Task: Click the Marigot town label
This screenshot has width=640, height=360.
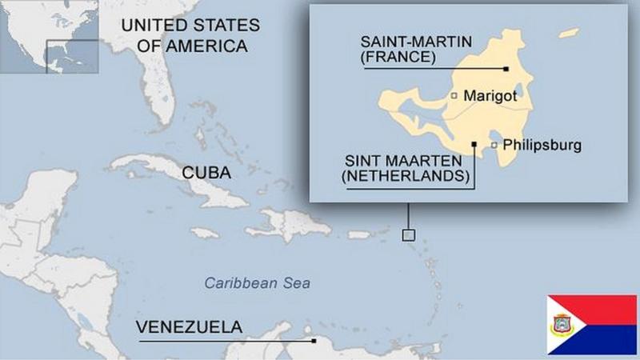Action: pyautogui.click(x=490, y=96)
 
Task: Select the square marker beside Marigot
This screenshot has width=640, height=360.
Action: pyautogui.click(x=454, y=96)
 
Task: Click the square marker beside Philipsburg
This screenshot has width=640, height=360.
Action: pyautogui.click(x=494, y=145)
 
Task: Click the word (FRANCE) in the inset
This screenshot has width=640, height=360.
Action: pyautogui.click(x=398, y=58)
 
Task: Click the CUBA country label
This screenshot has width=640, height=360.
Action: pyautogui.click(x=206, y=173)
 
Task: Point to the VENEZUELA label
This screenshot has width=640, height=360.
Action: pyautogui.click(x=189, y=326)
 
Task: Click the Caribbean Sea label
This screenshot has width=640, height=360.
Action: pyautogui.click(x=257, y=282)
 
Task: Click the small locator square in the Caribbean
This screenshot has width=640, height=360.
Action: pyautogui.click(x=408, y=234)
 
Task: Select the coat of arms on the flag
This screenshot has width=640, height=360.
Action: pyautogui.click(x=563, y=324)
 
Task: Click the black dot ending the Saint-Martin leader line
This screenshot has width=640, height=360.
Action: pyautogui.click(x=506, y=69)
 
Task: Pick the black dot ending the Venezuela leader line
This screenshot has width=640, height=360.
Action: pyautogui.click(x=314, y=341)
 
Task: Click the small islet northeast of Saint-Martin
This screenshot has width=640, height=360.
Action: pyautogui.click(x=569, y=34)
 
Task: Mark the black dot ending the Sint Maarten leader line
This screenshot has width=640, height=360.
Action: pyautogui.click(x=474, y=145)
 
